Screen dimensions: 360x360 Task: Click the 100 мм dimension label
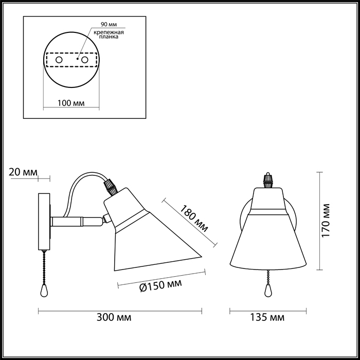(71, 103)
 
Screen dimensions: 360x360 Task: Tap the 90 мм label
(109, 24)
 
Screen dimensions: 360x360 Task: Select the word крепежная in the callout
(109, 32)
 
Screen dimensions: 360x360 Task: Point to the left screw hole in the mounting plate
(59, 60)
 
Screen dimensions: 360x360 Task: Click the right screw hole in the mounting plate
(85, 60)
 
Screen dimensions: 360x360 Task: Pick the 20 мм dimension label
(23, 172)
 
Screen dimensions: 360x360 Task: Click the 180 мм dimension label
(194, 218)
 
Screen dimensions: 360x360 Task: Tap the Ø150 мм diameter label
(160, 285)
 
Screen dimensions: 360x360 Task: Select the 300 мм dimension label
(114, 317)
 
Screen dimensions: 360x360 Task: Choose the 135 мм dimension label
(267, 317)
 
